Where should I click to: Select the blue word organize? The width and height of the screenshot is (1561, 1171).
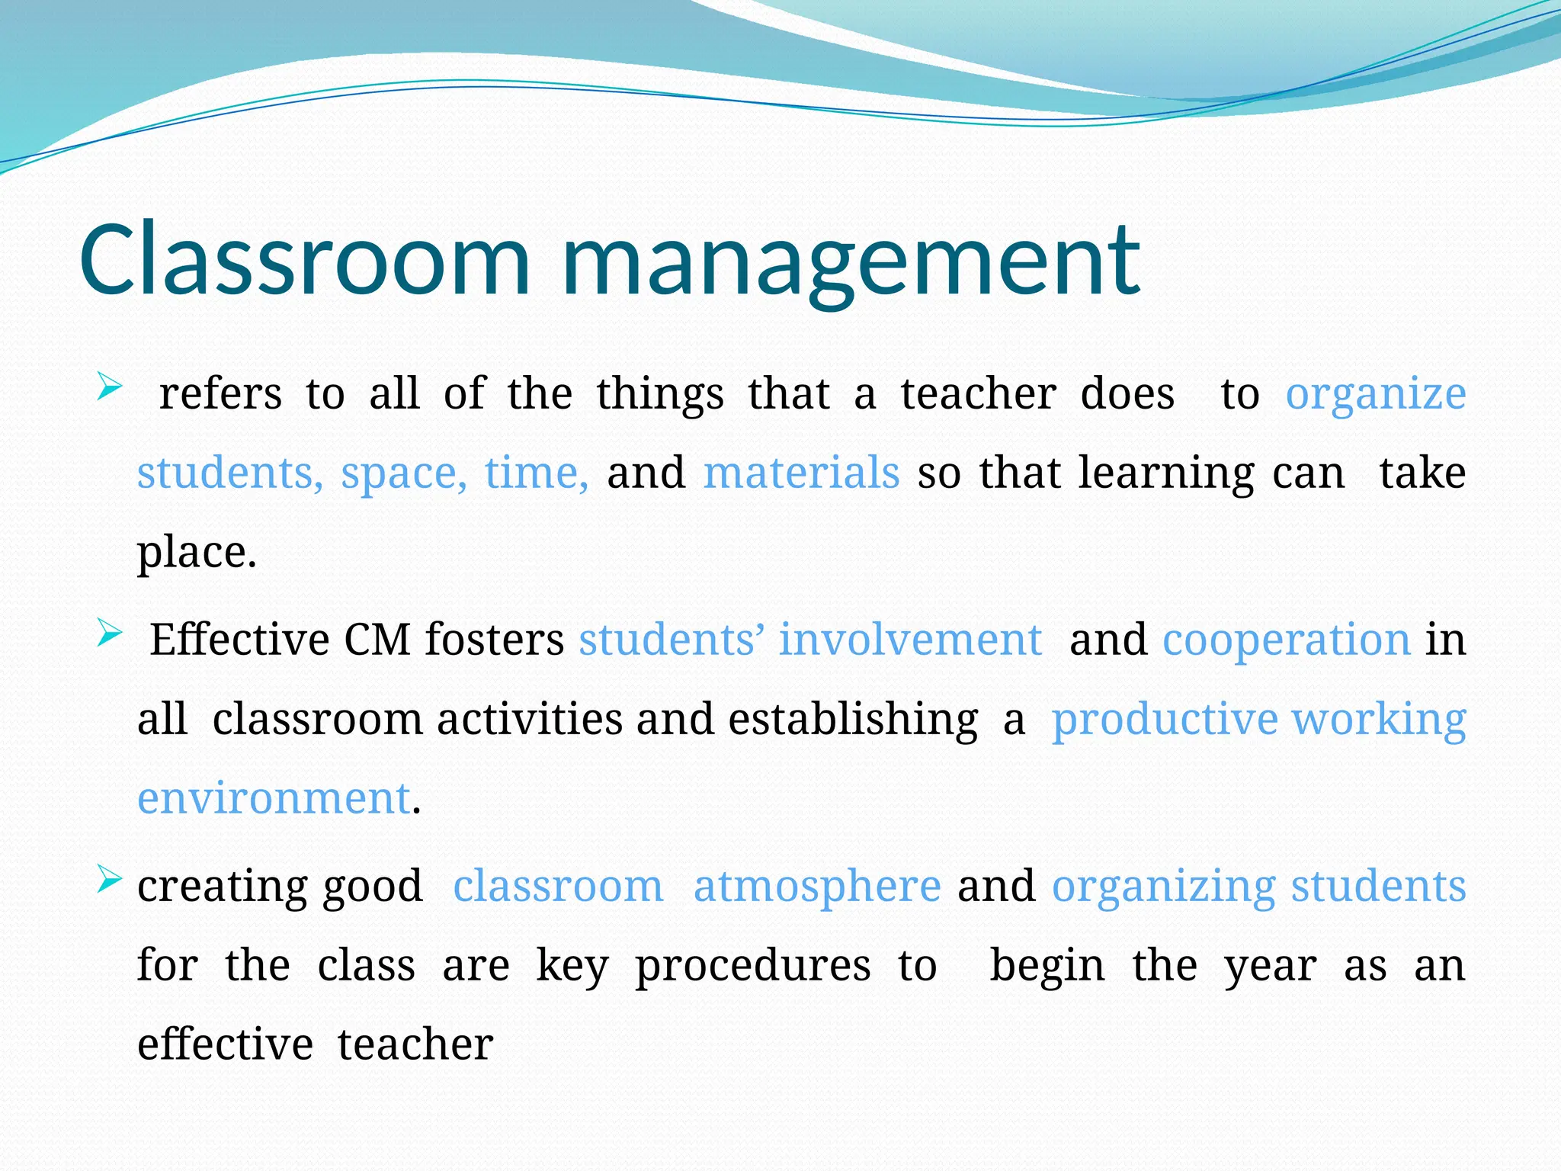[x=1376, y=395]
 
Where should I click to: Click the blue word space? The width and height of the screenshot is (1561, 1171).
[x=403, y=474]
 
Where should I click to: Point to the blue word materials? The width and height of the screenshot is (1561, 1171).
[x=801, y=473]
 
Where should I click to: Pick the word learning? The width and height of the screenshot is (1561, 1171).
[x=1166, y=474]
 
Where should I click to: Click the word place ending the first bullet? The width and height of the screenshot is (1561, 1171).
[x=196, y=553]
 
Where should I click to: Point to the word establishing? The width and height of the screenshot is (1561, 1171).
[x=853, y=720]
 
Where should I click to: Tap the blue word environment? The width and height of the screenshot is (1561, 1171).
[x=274, y=798]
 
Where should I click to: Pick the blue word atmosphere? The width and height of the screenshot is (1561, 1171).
[x=817, y=886]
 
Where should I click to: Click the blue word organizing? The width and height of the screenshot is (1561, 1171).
[x=1164, y=887]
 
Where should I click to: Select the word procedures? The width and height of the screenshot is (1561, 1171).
[x=753, y=967]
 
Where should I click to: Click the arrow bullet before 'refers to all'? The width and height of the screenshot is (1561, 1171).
[x=110, y=387]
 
